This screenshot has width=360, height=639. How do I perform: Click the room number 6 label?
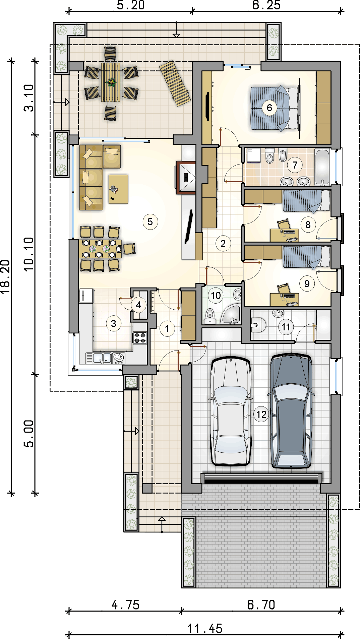click(x=269, y=108)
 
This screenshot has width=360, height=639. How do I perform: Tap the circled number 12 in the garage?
click(x=261, y=414)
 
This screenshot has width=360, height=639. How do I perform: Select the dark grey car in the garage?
click(x=291, y=410)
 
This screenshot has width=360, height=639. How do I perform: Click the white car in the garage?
click(x=231, y=411)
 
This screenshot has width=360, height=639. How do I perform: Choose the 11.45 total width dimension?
click(x=205, y=629)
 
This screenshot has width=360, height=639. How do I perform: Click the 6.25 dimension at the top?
click(x=266, y=5)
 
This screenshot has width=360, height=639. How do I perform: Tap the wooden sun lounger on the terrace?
click(x=175, y=83)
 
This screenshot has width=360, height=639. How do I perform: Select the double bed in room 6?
click(x=275, y=108)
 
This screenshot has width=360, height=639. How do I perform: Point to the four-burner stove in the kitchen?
click(x=140, y=337)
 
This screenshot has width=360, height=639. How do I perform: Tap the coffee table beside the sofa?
click(x=118, y=189)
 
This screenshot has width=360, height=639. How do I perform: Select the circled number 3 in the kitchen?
click(x=114, y=324)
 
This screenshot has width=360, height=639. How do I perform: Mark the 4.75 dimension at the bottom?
click(x=125, y=605)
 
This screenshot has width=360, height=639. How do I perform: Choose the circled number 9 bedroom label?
click(x=307, y=284)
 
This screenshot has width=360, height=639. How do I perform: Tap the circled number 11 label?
click(x=286, y=327)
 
